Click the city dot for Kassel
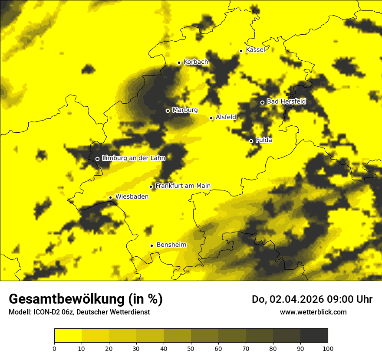pyautogui.click(x=241, y=51)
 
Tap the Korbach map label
pyautogui.click(x=196, y=62)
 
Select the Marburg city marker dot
pyautogui.click(x=168, y=111)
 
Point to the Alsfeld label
pyautogui.click(x=226, y=117)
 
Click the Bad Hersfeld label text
pyautogui.click(x=286, y=101)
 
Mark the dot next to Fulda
pyautogui.click(x=251, y=141)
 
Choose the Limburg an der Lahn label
pyautogui.click(x=133, y=158)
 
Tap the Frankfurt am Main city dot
pyautogui.click(x=151, y=187)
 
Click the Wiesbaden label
pyautogui.click(x=132, y=196)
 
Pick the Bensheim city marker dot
pyautogui.click(x=151, y=245)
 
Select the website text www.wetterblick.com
pyautogui.click(x=313, y=312)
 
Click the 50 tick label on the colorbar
pyautogui.click(x=191, y=348)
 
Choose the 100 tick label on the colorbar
pyautogui.click(x=328, y=348)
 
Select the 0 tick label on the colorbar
pyautogui.click(x=54, y=348)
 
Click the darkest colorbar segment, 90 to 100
pyautogui.click(x=314, y=336)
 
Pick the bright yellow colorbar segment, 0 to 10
pyautogui.click(x=68, y=336)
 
